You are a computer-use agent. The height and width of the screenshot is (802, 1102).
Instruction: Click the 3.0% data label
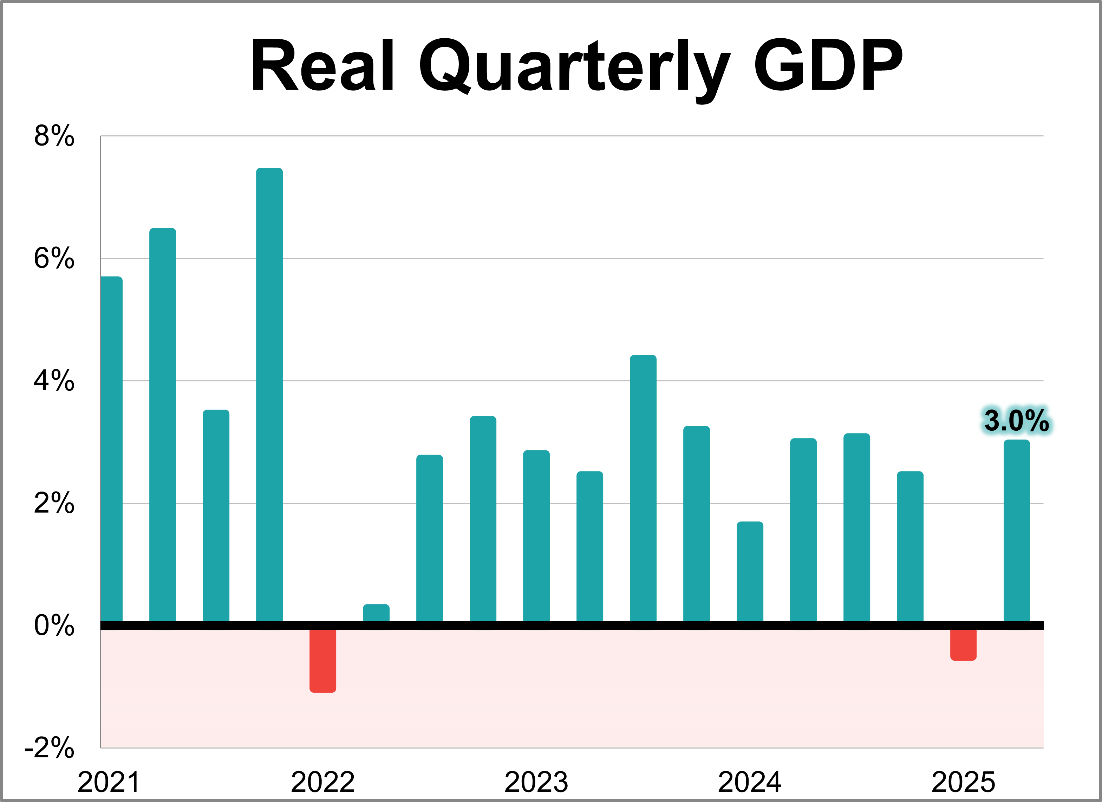click(1016, 421)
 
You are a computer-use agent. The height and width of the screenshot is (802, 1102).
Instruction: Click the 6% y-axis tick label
click(54, 258)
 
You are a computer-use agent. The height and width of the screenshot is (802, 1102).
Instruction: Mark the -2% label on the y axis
click(50, 748)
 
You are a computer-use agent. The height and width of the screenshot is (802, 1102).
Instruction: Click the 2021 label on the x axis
click(109, 782)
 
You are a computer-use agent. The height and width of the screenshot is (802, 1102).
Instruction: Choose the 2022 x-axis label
click(322, 782)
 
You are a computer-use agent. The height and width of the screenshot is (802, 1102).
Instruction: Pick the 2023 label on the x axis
click(536, 782)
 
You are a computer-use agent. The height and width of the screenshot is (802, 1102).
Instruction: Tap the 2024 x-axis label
click(750, 782)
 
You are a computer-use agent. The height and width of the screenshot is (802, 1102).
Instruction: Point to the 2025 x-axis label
click(963, 782)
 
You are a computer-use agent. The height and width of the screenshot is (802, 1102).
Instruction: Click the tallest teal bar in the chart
click(269, 394)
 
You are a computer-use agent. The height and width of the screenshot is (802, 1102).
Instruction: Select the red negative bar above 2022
click(322, 660)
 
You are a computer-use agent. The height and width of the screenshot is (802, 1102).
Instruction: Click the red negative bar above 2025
click(963, 645)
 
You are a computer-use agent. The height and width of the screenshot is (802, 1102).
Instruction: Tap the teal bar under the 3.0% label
click(1017, 530)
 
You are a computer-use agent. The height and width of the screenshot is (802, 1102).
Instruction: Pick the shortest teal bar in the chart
click(376, 613)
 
